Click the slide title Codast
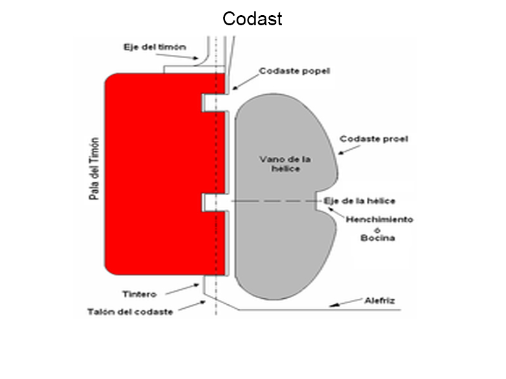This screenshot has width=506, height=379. [x=252, y=19]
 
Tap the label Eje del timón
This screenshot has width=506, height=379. [x=155, y=47]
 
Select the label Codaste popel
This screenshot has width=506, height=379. [x=295, y=71]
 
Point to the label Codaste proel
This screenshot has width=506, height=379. [x=374, y=139]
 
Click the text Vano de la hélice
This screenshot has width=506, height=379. [x=285, y=164]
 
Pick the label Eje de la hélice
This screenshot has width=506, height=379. [x=359, y=201]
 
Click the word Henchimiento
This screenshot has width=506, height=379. [x=379, y=219]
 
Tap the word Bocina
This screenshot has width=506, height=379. [x=378, y=238]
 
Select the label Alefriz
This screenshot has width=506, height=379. [x=379, y=301]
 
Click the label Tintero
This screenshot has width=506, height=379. [x=139, y=294]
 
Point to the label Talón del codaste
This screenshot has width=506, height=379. [x=130, y=311]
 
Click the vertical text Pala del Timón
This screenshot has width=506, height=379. [x=94, y=169]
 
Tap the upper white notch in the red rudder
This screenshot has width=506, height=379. [x=214, y=103]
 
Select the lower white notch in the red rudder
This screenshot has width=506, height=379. [x=214, y=202]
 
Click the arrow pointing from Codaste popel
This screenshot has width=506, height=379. [x=245, y=82]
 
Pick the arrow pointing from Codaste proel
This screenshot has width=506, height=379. [x=349, y=150]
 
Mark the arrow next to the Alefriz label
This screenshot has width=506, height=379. [x=345, y=303]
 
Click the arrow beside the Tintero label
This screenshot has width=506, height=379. [x=182, y=289]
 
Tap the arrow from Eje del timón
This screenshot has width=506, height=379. [x=177, y=56]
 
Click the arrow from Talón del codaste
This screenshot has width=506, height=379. [x=192, y=306]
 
